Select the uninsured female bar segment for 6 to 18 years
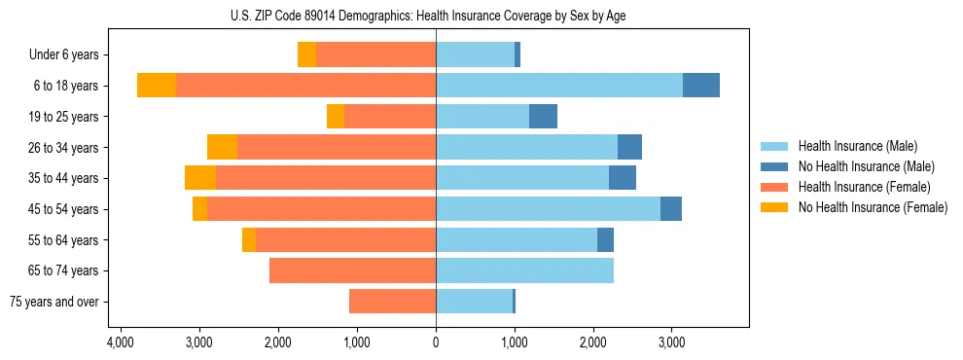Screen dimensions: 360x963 click(156, 86)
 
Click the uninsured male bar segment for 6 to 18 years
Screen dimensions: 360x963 click(701, 86)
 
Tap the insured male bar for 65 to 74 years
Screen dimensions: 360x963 click(524, 270)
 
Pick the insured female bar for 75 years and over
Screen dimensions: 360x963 click(392, 302)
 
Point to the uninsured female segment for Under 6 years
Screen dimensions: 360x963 click(306, 54)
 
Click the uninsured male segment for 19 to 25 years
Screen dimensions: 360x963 click(543, 117)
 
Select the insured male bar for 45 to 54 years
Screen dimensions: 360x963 click(548, 209)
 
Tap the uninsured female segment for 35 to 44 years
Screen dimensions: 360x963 click(200, 178)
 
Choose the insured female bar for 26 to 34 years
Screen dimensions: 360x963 click(337, 147)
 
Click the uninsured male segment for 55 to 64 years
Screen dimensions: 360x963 click(605, 239)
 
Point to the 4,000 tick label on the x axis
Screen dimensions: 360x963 click(120, 342)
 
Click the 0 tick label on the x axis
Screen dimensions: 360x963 click(436, 342)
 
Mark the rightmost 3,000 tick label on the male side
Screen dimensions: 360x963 click(672, 342)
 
